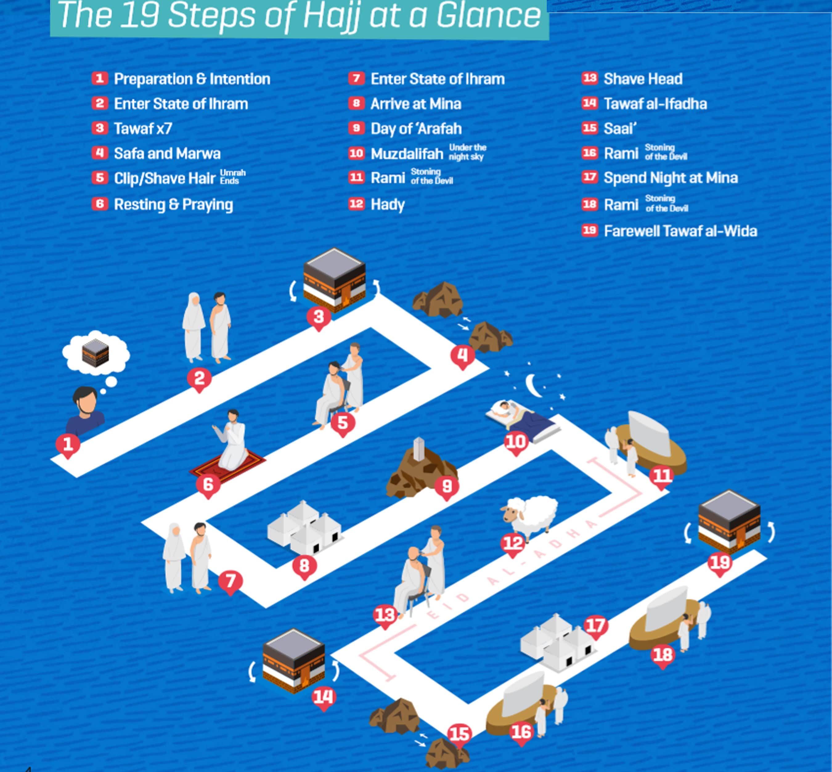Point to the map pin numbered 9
click(x=447, y=487)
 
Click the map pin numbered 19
click(x=720, y=563)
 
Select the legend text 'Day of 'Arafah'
click(x=416, y=129)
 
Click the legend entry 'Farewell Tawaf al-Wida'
click(x=680, y=231)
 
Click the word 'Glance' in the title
click(x=488, y=16)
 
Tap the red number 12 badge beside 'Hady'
click(x=356, y=204)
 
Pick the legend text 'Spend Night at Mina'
click(x=670, y=178)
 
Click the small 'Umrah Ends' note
click(x=233, y=177)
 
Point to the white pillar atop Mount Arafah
click(x=419, y=449)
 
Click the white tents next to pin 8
click(x=304, y=527)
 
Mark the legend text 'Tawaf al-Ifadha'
click(x=655, y=104)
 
